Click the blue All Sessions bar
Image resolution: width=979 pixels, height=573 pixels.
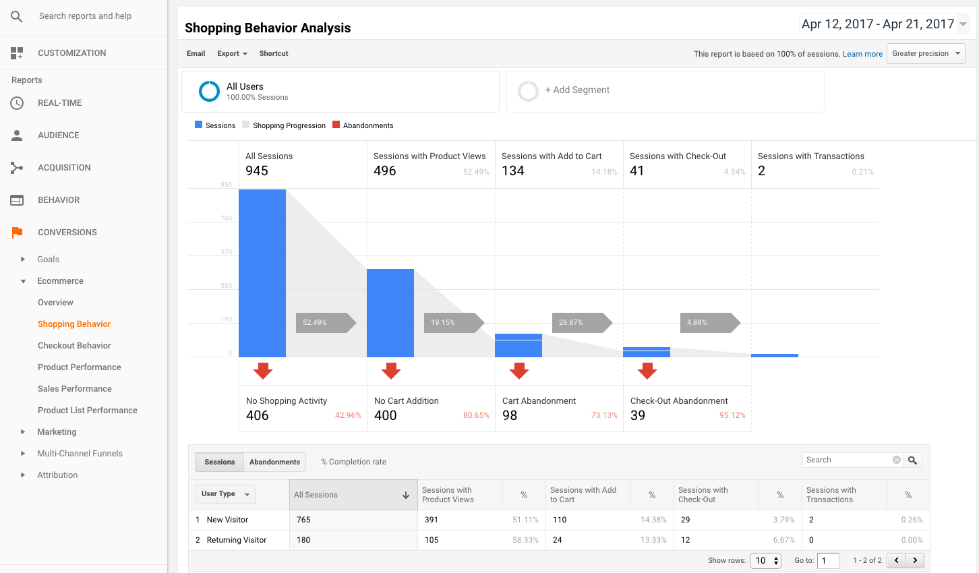point(262,273)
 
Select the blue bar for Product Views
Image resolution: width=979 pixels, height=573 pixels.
point(390,313)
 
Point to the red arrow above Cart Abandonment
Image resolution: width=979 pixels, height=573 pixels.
point(519,371)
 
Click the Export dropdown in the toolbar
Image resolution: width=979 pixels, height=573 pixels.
point(232,54)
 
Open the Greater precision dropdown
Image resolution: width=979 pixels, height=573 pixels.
point(926,54)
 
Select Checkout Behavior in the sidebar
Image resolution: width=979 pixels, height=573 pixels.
point(74,346)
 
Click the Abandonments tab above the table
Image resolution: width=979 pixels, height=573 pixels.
point(274,462)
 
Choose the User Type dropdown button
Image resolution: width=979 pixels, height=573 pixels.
point(225,494)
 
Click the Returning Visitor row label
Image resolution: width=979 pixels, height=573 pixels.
point(237,540)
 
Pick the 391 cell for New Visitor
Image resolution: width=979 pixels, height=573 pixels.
point(432,520)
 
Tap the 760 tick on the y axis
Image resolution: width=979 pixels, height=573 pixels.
point(226,218)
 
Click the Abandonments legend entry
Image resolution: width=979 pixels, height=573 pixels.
point(367,125)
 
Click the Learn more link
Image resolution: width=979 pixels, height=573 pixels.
point(862,54)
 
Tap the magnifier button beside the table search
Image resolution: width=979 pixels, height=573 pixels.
point(912,460)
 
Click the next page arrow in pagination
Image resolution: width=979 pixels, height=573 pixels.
point(915,560)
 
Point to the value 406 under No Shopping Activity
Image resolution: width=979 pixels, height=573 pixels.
point(258,416)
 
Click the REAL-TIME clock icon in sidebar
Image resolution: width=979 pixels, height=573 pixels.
point(17,103)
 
